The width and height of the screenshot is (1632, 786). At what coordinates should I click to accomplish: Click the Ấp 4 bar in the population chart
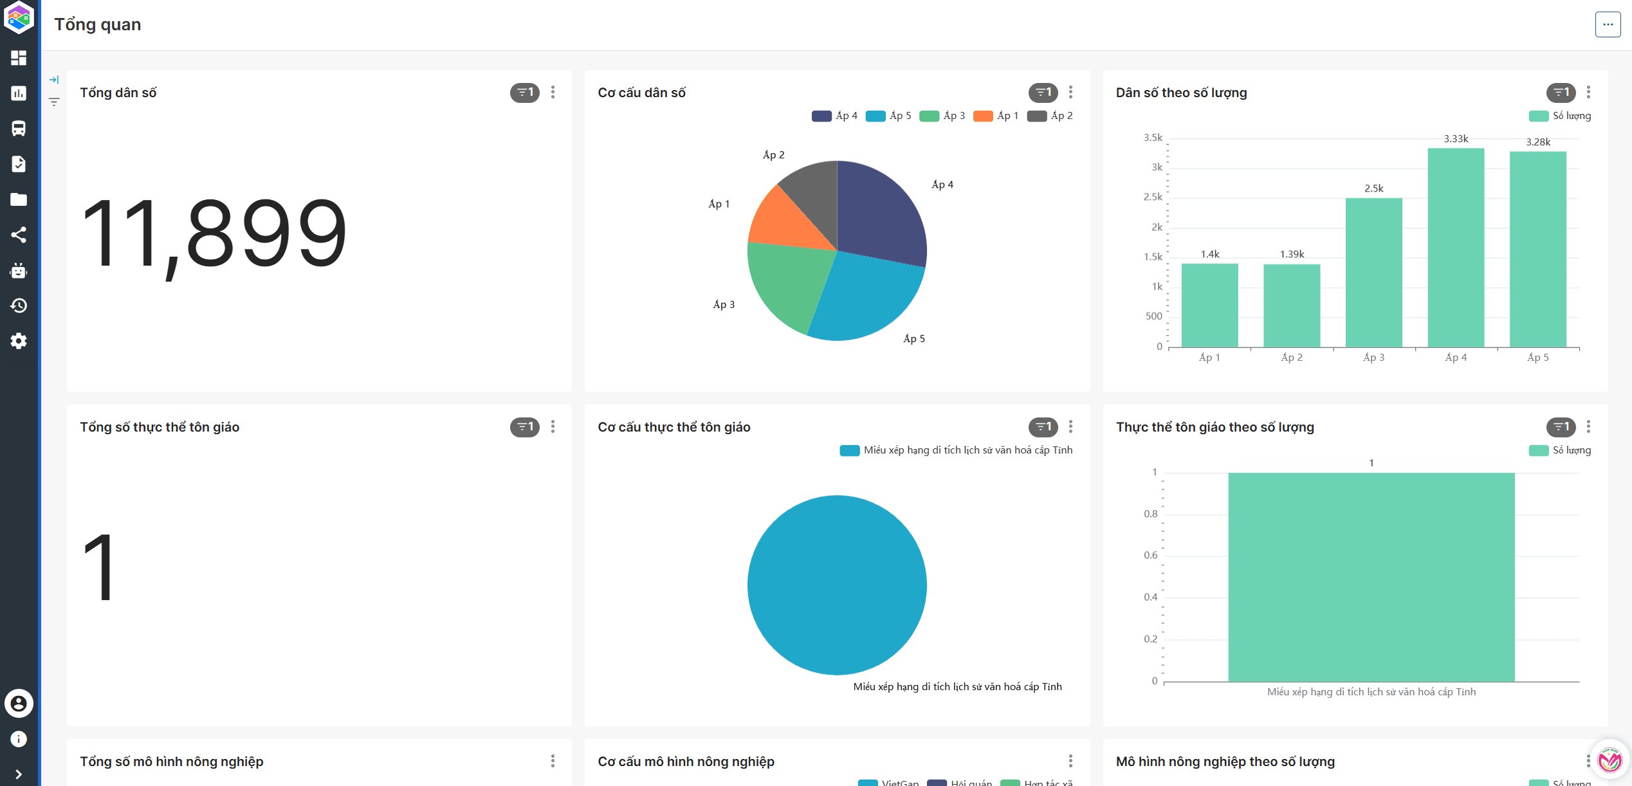point(1455,248)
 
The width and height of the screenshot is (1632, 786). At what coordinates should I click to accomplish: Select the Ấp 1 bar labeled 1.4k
point(1209,305)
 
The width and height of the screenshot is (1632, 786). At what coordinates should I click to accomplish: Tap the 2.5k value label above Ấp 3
point(1373,188)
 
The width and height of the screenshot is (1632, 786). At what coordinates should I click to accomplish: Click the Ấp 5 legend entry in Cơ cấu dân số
point(889,116)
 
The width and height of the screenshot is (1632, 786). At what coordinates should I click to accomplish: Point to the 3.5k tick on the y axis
point(1153,138)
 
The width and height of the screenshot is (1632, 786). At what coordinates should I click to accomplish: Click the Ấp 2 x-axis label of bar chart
point(1292,358)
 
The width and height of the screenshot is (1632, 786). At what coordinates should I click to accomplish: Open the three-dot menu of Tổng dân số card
point(553,93)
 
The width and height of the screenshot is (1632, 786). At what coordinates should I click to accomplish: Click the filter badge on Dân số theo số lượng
point(1561,93)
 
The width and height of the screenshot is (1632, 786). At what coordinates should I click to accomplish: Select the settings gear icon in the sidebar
point(19,341)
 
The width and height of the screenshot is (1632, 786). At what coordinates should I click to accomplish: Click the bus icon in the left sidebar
point(19,129)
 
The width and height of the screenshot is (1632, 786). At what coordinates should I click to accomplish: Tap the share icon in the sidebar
point(19,235)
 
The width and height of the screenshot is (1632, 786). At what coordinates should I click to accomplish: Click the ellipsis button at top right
point(1608,24)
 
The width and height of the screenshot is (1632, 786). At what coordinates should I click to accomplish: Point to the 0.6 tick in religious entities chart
point(1150,555)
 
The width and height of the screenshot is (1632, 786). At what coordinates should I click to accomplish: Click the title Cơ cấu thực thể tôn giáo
point(674,427)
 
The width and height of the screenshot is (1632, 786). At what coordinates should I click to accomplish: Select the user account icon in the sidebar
point(19,704)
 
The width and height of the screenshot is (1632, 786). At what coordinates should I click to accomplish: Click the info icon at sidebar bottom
point(19,739)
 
